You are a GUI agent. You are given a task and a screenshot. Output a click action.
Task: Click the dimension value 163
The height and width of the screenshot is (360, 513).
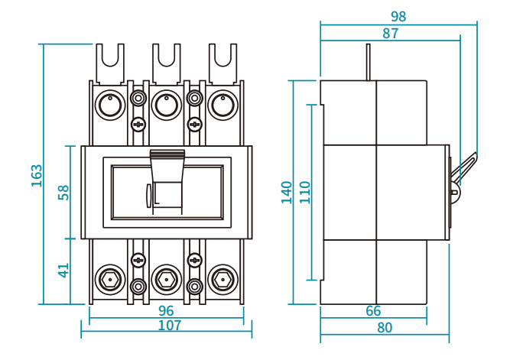[37, 176]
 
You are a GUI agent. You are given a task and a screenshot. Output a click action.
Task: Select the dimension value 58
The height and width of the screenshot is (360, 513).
[63, 193]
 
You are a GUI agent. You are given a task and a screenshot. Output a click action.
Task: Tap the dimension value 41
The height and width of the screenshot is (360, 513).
[63, 271]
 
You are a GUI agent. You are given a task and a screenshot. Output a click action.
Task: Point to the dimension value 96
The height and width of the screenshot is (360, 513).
[166, 310]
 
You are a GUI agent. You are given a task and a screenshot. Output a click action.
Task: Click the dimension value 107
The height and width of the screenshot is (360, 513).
[170, 326]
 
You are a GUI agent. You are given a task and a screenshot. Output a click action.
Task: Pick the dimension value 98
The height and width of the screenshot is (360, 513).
[398, 16]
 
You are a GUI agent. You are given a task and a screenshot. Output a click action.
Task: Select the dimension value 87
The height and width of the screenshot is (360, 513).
[391, 34]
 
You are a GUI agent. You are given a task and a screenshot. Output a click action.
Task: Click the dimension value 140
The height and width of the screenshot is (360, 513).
[287, 193]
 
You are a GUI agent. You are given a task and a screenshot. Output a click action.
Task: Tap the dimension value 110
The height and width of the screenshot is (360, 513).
[305, 193]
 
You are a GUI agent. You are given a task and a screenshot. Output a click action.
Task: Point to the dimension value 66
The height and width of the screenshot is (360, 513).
[373, 311]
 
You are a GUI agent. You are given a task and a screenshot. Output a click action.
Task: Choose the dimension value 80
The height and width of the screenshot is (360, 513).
[385, 328]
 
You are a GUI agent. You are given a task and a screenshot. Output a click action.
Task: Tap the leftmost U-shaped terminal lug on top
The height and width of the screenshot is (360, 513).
[110, 63]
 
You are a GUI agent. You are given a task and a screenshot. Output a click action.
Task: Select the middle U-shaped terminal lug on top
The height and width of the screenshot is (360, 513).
[167, 63]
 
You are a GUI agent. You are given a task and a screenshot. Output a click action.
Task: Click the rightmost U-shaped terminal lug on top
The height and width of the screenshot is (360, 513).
[222, 63]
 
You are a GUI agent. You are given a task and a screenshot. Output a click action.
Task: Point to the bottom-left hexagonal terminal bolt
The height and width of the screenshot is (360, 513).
[110, 280]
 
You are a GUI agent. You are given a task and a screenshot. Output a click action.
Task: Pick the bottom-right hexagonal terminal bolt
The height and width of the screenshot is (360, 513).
[222, 280]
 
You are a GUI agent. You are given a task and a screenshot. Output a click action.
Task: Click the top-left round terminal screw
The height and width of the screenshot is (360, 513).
[110, 105]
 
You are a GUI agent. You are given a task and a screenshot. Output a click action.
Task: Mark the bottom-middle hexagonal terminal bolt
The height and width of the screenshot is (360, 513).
[167, 280]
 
